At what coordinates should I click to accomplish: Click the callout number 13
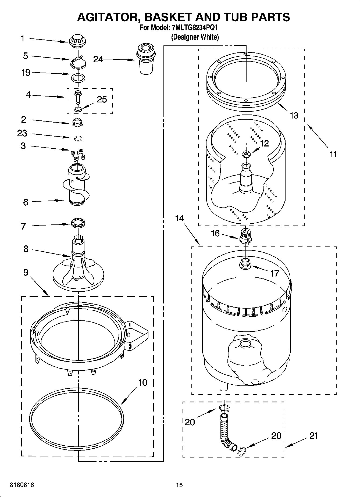[294, 115]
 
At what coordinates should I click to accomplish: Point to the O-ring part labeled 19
[78, 78]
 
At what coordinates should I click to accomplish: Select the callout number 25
[102, 99]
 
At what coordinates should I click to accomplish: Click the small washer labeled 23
[78, 138]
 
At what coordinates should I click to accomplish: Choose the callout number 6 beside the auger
[26, 202]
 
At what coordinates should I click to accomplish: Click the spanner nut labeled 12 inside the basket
[246, 154]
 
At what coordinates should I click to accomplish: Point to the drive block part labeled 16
[245, 235]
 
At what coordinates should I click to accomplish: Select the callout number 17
[275, 273]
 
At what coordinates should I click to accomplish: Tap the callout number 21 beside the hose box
[313, 435]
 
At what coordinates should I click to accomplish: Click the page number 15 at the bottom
[179, 485]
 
